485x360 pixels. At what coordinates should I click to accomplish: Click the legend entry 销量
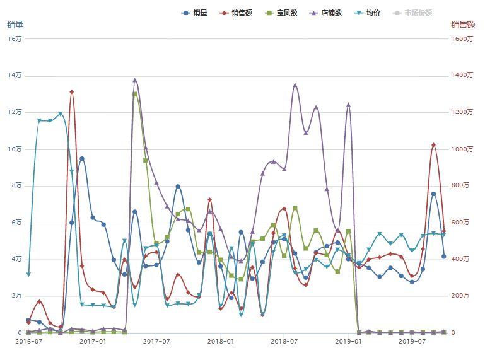click(x=194, y=13)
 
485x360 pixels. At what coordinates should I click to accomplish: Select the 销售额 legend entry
click(x=236, y=13)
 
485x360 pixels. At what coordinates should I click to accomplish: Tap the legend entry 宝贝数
click(x=281, y=13)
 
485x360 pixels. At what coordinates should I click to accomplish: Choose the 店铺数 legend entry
click(x=325, y=13)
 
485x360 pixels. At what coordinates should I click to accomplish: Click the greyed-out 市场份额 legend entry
click(x=412, y=13)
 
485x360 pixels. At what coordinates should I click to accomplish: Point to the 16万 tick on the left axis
click(x=15, y=38)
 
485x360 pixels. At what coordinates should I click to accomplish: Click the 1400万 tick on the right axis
click(x=462, y=75)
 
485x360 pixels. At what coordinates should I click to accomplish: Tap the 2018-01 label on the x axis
click(x=221, y=341)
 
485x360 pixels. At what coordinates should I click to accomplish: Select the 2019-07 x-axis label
click(x=412, y=341)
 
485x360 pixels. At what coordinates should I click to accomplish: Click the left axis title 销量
click(x=15, y=25)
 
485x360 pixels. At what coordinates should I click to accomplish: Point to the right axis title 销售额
click(x=463, y=25)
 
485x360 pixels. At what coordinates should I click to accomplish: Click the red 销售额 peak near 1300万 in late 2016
click(x=71, y=92)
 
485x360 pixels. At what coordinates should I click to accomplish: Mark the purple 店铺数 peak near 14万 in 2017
click(x=135, y=80)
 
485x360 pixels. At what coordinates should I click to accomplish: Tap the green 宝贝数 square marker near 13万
click(x=135, y=94)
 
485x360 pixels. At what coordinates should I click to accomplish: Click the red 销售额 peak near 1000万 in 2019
click(x=434, y=145)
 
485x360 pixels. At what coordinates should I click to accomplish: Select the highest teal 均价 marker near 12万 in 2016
click(x=61, y=114)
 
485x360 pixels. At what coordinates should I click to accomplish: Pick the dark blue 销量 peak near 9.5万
click(x=82, y=159)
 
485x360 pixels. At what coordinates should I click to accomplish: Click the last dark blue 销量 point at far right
click(x=444, y=257)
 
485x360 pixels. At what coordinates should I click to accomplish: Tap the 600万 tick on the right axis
click(x=460, y=223)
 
